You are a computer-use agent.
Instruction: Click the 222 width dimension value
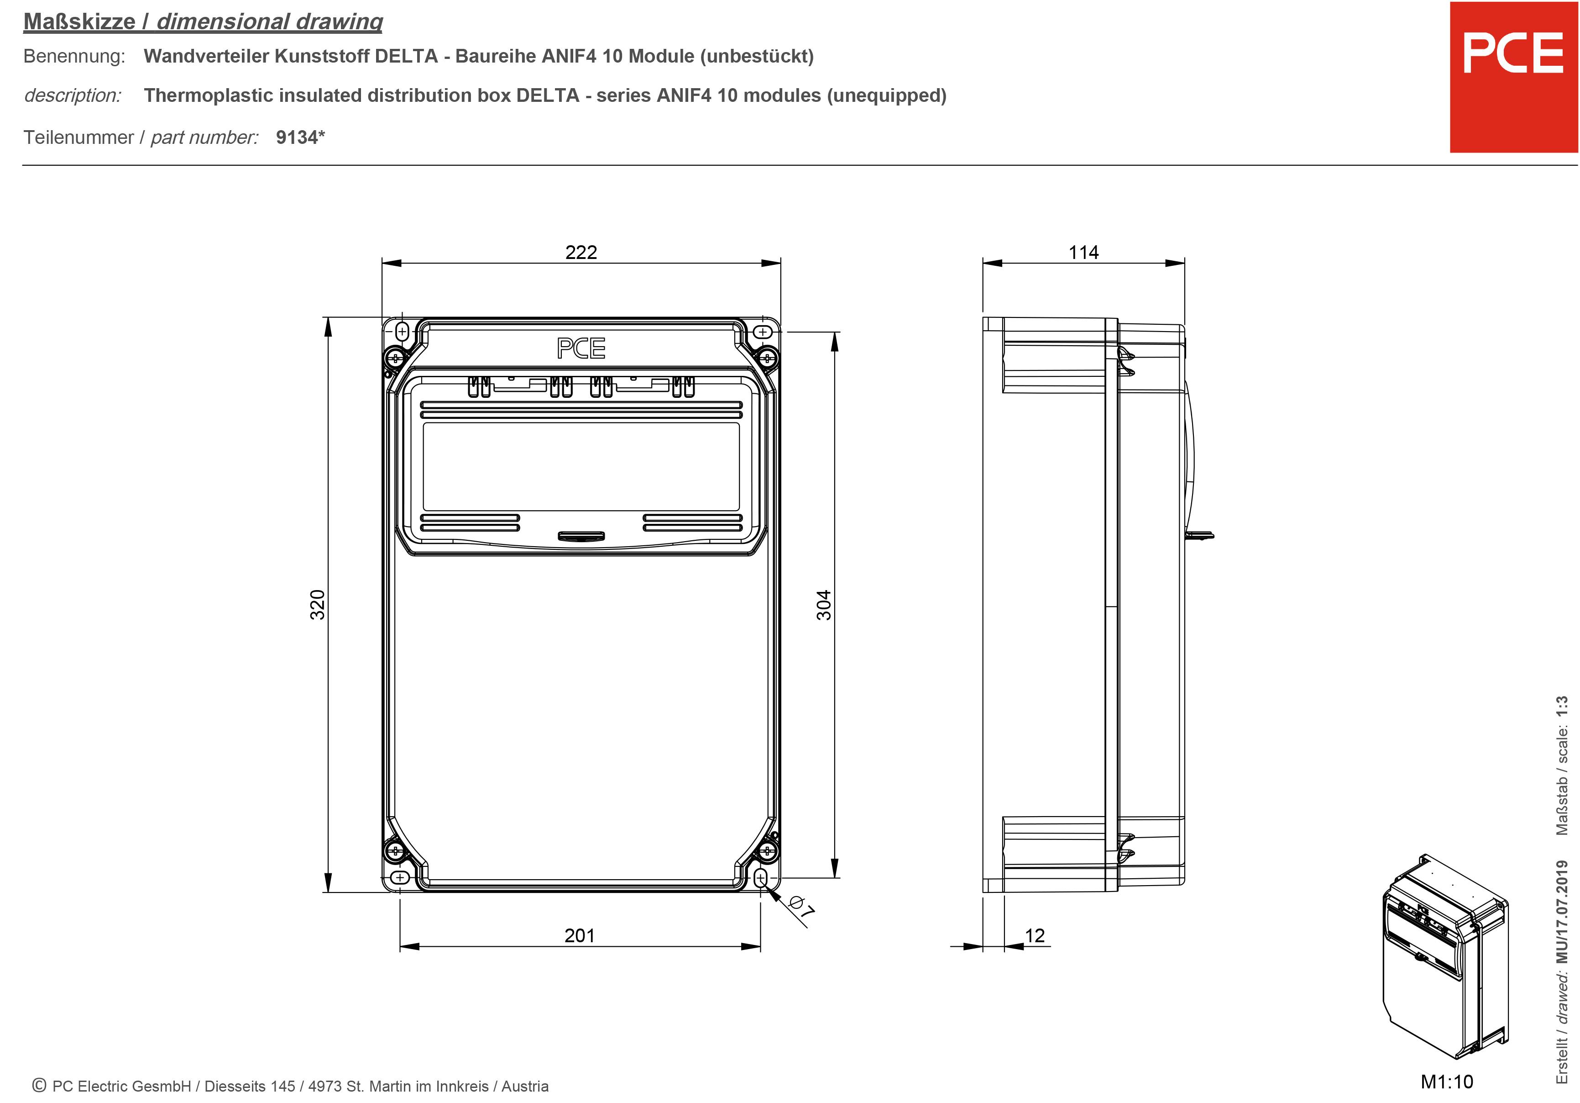coord(581,252)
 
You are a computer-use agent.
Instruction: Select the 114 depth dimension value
coord(1083,252)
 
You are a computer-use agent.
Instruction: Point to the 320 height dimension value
coord(317,605)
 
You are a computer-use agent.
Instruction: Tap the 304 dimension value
coord(824,605)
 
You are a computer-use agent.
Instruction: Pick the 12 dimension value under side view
coord(1034,935)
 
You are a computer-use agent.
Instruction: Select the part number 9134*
coord(300,137)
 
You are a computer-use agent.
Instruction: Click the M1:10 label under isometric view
coord(1446,1082)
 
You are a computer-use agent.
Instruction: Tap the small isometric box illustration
coord(1445,957)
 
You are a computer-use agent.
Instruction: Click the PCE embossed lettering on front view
coord(581,348)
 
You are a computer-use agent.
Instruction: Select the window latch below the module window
coord(581,536)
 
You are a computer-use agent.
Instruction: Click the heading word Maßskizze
coord(79,21)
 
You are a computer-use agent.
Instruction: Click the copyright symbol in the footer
coord(39,1085)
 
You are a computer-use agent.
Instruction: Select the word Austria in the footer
coord(524,1086)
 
